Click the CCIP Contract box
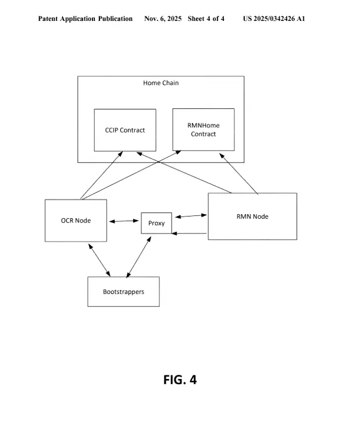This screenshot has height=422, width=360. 125,130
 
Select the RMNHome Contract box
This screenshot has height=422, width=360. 204,130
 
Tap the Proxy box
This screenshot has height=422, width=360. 156,224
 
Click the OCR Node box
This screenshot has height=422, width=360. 76,220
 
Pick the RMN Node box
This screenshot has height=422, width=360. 252,216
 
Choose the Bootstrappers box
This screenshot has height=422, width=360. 123,291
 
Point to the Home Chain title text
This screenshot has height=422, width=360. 161,83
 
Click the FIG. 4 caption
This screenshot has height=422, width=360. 180,380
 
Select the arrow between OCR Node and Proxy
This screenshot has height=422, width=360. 124,221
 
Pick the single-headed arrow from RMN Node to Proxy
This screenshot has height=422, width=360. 190,233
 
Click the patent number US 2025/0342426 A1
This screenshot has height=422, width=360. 273,19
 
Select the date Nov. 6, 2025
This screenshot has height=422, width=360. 163,19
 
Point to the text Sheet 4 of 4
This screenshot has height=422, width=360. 206,19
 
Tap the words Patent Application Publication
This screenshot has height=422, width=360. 85,19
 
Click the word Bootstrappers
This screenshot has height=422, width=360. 123,292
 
